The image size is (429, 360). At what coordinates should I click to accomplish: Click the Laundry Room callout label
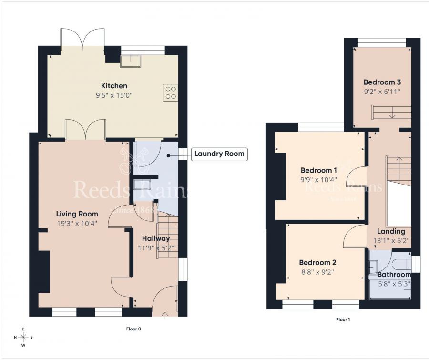(219, 154)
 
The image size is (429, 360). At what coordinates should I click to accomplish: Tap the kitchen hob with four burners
(170, 92)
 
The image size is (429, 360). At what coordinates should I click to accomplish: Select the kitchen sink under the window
(130, 61)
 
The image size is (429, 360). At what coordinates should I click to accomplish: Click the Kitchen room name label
(114, 86)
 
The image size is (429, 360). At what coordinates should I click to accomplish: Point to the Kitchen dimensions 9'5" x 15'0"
(114, 95)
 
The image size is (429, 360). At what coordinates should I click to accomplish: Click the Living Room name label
(77, 214)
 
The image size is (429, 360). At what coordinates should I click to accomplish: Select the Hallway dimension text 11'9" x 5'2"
(155, 247)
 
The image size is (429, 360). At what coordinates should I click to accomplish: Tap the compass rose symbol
(23, 337)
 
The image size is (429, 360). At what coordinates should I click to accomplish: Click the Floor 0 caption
(133, 329)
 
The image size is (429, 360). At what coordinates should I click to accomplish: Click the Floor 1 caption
(343, 319)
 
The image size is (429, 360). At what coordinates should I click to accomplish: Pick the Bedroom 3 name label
(382, 82)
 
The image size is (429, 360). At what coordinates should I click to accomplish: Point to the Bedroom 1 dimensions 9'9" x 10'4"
(319, 180)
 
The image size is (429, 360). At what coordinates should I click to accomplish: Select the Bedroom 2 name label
(318, 262)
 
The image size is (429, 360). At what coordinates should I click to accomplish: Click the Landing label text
(391, 232)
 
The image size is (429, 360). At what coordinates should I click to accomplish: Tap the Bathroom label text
(394, 275)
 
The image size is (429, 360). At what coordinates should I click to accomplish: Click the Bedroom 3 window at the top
(382, 43)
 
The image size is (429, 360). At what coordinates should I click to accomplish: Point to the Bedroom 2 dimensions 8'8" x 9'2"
(318, 272)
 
